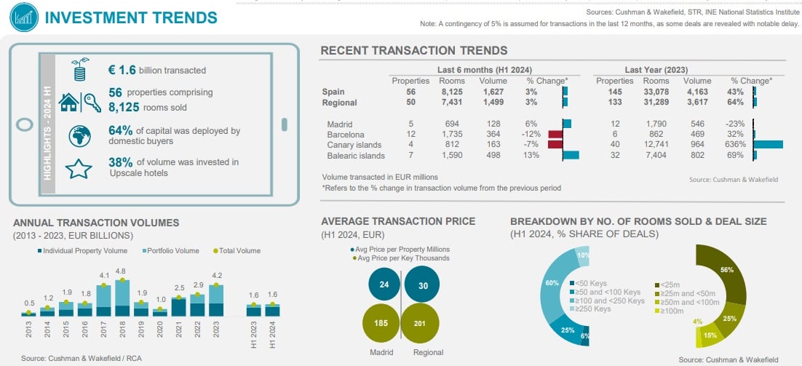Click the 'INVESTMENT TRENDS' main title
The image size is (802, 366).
(x=130, y=17)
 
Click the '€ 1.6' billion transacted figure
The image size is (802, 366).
(x=122, y=70)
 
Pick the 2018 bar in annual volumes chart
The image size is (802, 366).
(x=122, y=298)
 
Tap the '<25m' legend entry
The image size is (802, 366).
(x=670, y=284)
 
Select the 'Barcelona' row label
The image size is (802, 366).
(x=346, y=135)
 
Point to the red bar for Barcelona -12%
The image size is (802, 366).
(x=555, y=135)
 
